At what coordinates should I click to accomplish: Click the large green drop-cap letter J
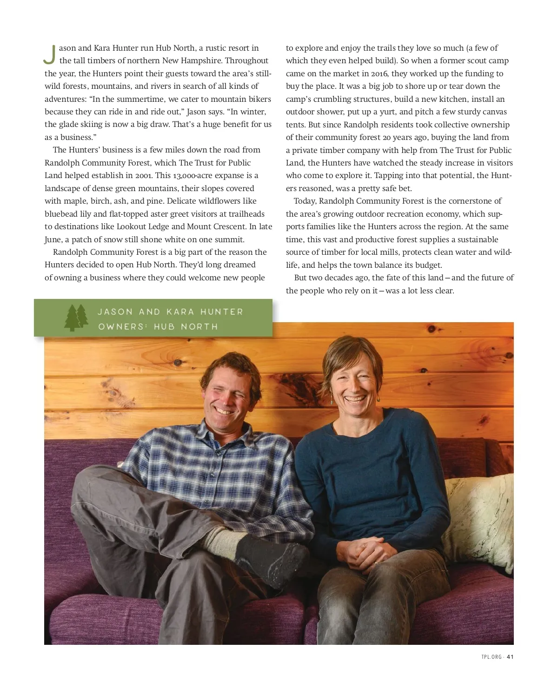point(50,54)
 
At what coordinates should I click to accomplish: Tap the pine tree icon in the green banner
point(76,318)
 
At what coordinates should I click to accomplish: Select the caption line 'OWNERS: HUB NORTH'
point(158,327)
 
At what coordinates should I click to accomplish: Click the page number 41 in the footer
point(510,657)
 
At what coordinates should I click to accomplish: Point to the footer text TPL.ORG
point(492,657)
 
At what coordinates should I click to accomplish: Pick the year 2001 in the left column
point(144,175)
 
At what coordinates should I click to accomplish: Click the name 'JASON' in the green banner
point(115,312)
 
